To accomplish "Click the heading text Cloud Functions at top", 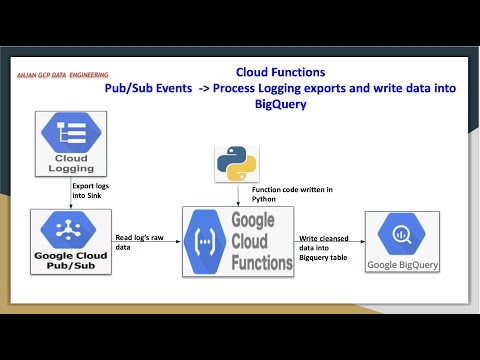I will pos(280,72).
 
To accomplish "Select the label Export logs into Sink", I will pos(89,189).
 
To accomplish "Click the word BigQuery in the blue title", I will pos(280,103).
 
